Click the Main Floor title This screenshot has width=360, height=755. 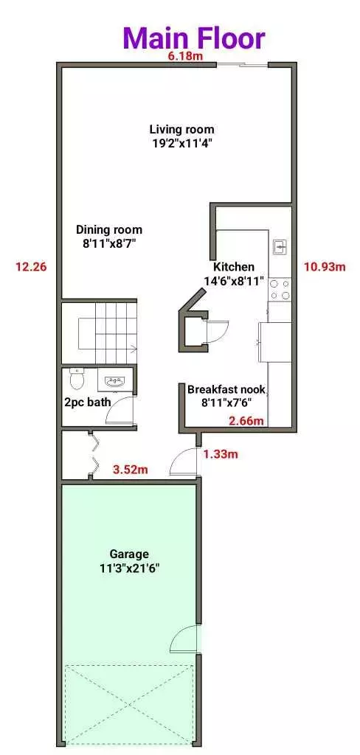click(193, 37)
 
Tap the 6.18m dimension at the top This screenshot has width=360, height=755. click(185, 57)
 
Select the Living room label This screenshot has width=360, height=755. click(181, 136)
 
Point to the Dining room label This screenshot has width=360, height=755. click(109, 236)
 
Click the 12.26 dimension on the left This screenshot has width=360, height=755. click(31, 267)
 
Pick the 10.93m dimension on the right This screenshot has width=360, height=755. click(324, 267)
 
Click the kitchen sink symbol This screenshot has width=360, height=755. click(280, 246)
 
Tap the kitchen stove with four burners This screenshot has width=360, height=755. click(280, 289)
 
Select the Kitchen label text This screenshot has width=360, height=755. click(234, 273)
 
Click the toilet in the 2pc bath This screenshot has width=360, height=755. click(76, 379)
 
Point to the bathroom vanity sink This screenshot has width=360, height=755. click(114, 381)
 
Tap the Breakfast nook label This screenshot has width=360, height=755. click(226, 396)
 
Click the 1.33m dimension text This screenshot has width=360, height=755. click(221, 454)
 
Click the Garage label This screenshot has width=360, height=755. click(129, 560)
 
